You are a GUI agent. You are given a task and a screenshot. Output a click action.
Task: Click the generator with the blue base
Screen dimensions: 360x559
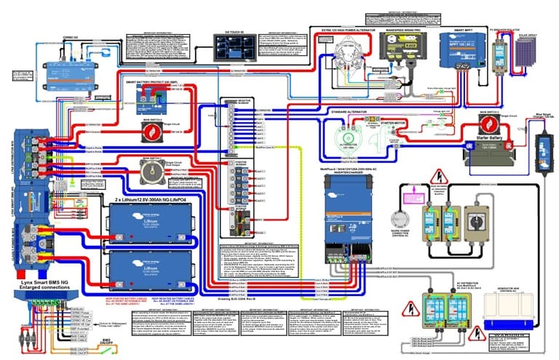point(512,308)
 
